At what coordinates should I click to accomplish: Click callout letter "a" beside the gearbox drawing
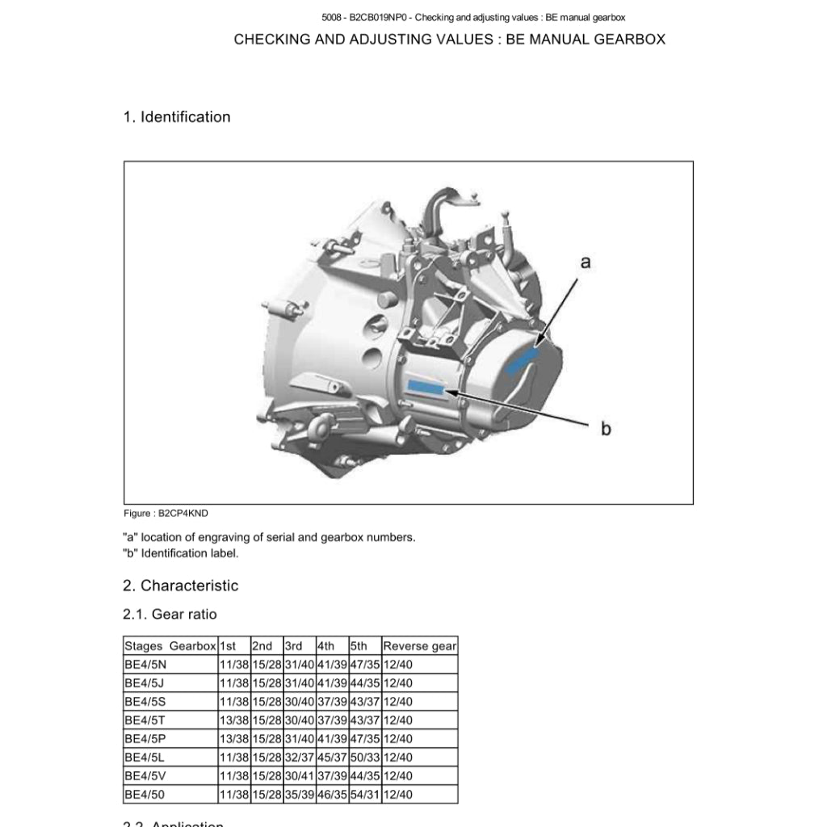pos(586,262)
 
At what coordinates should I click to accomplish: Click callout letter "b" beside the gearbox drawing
pos(606,429)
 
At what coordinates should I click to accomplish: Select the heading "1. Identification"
pos(177,117)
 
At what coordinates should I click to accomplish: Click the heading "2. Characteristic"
pos(181,586)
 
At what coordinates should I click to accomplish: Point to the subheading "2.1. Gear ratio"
pos(170,615)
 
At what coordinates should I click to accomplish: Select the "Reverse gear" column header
pos(419,646)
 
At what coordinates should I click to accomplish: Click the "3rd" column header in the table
pos(294,646)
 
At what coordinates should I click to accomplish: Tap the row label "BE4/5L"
pos(145,758)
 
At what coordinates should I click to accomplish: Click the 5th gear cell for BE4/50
pos(364,795)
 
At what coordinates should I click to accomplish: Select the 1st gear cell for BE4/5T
pos(233,720)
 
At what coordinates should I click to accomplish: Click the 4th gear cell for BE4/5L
pos(331,758)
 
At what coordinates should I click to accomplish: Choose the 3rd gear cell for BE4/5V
pos(299,776)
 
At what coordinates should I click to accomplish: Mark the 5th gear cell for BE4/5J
pos(364,683)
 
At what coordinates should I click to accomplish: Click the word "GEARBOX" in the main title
pos(629,40)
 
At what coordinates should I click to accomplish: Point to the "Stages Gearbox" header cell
pos(170,646)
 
